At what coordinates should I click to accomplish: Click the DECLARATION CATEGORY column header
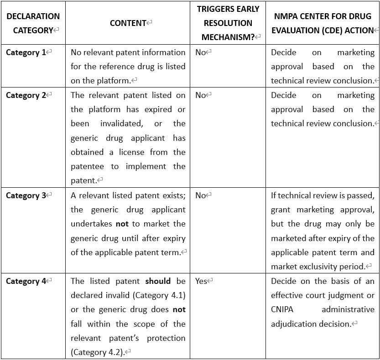[33, 23]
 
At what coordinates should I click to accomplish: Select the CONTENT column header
[128, 23]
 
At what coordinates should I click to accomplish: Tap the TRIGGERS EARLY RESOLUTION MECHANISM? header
[228, 23]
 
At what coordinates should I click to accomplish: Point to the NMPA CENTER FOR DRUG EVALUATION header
[323, 23]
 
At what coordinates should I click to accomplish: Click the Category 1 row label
[26, 52]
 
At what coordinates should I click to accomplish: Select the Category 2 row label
[26, 95]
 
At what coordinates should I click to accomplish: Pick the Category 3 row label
[26, 195]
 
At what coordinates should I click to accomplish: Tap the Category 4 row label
[26, 281]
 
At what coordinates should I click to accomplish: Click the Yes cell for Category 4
[201, 281]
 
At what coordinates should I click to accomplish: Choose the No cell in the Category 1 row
[201, 52]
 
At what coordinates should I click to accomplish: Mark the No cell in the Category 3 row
[201, 195]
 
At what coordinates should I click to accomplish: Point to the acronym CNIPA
[282, 310]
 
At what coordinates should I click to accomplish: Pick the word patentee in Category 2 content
[87, 167]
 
